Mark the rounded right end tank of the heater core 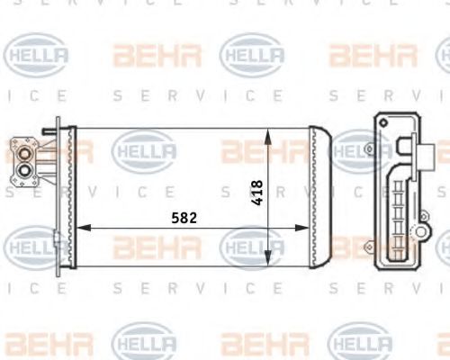(x=320, y=197)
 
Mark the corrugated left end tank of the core (x=70, y=197)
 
